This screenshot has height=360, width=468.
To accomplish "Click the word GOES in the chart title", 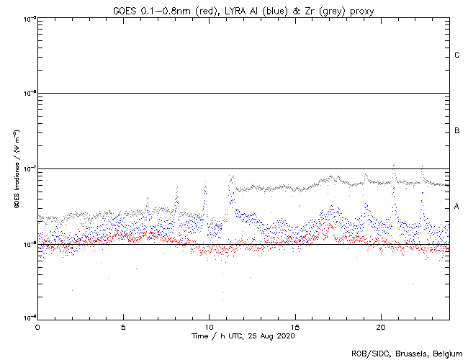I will (125, 9).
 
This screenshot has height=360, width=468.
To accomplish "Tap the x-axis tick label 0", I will (37, 326).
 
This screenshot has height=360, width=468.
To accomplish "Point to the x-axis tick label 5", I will (123, 326).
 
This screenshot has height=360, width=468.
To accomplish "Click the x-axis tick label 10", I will (209, 326).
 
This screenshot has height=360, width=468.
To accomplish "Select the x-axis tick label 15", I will (295, 326).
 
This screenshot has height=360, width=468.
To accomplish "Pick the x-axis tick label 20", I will (381, 326).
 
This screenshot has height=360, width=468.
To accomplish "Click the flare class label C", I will (457, 55).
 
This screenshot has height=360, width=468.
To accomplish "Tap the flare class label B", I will (457, 131).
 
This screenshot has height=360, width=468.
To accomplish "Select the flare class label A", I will (457, 207).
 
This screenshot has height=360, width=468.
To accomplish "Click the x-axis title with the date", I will (243, 336).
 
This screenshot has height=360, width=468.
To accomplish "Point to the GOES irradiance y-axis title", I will (16, 169).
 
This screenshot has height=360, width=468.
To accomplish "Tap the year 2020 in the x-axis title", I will (285, 336).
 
